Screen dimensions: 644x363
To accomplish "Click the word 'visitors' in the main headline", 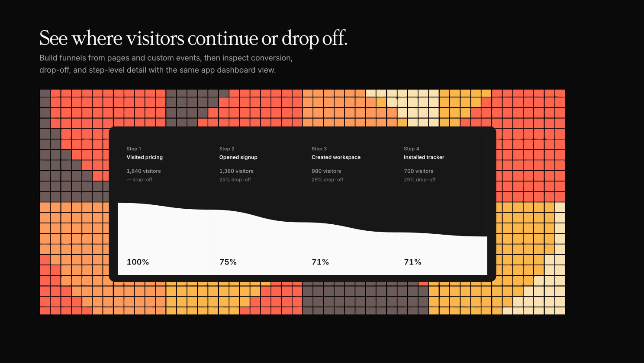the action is [155, 38].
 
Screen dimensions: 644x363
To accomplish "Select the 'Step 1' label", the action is [134, 149].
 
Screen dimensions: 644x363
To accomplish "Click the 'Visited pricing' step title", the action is [145, 157].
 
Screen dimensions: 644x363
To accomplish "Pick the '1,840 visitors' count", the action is [144, 171].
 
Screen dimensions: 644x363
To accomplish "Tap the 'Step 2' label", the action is [227, 149].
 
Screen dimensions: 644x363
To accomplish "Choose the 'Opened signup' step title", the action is [238, 157].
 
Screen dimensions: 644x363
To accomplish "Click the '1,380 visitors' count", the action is [236, 171].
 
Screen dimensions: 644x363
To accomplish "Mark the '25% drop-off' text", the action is [235, 180].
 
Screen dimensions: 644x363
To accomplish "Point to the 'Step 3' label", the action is [319, 149].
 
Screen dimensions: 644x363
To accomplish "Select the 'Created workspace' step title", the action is [336, 157].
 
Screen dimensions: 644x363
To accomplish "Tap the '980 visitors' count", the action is [326, 171].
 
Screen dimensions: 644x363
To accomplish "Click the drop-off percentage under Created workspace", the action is [328, 180].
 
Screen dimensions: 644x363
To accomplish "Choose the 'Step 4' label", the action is [412, 149].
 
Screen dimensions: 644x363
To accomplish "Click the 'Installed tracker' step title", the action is [424, 157].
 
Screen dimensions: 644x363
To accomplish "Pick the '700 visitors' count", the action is [419, 171].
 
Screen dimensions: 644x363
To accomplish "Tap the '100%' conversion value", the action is [138, 262].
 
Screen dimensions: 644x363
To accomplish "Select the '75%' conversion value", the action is [228, 262].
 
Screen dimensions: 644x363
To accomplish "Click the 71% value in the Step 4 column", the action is [412, 262].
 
